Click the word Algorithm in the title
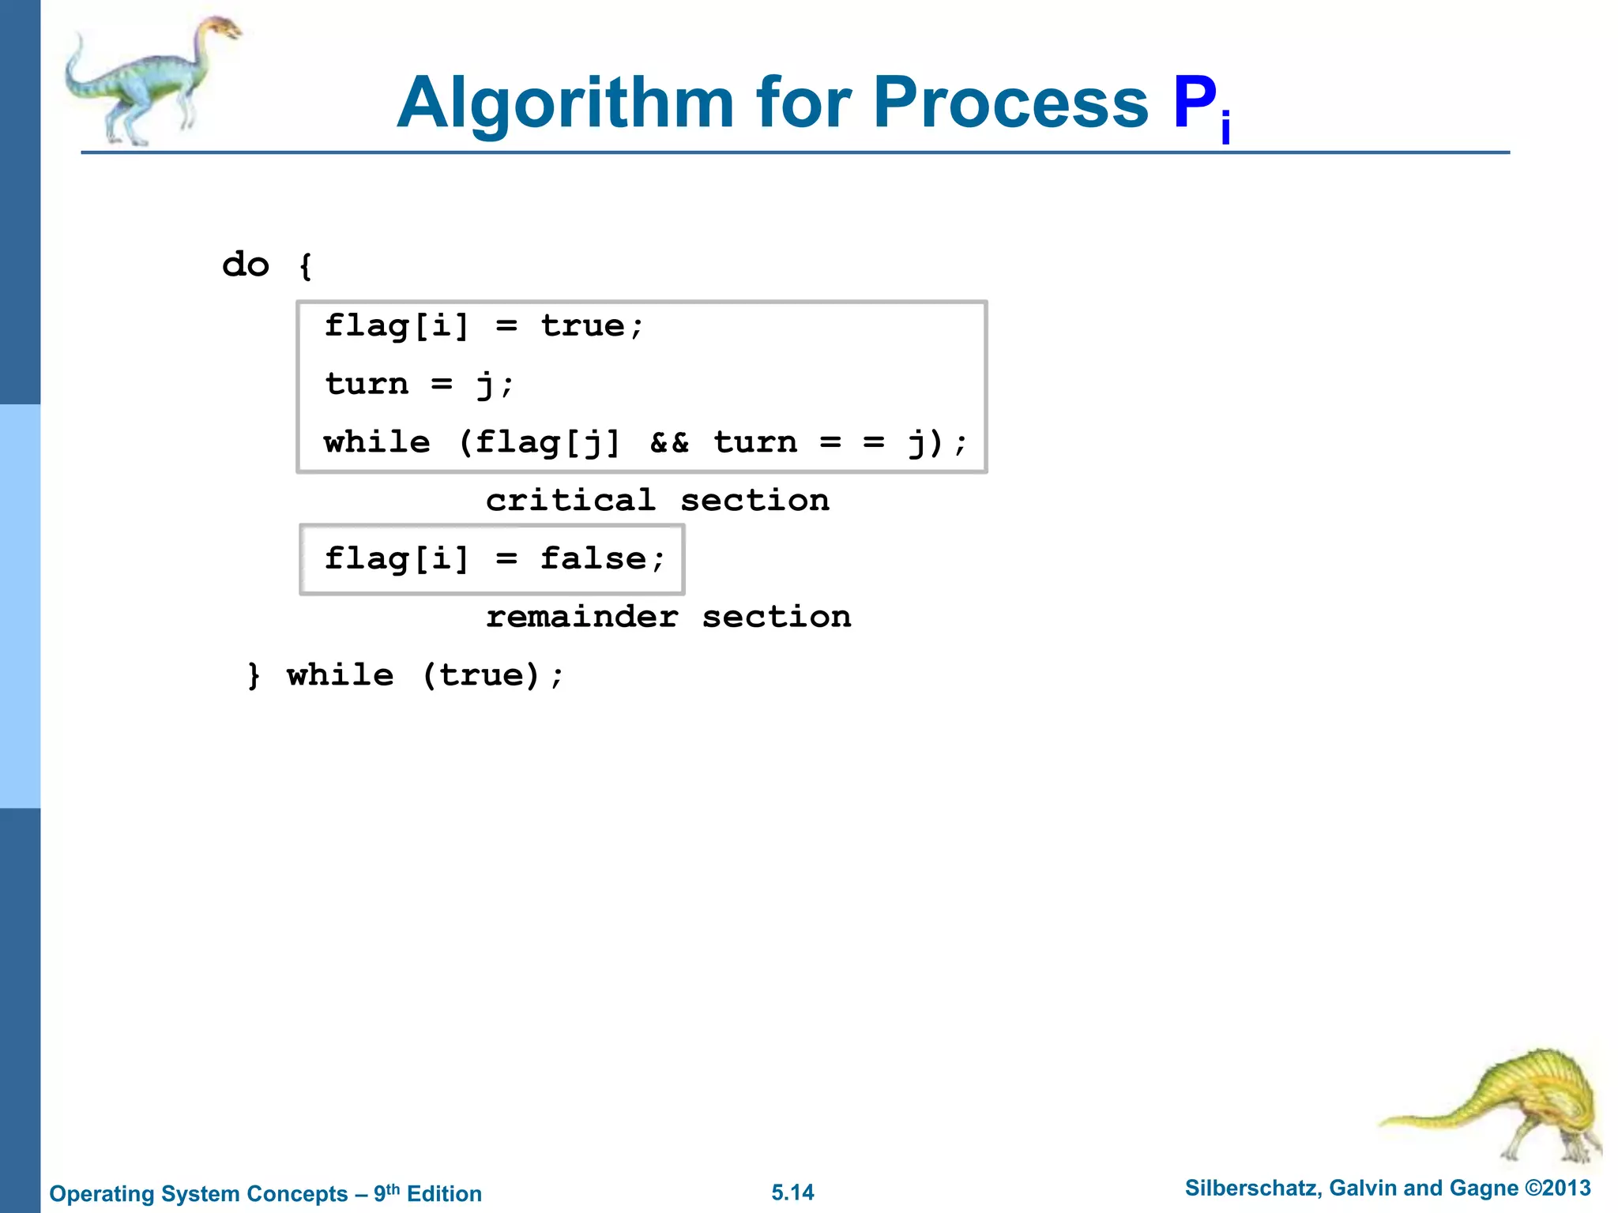click(x=566, y=103)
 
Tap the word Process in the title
click(x=1010, y=103)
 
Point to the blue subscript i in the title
click(x=1225, y=128)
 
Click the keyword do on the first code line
click(x=246, y=265)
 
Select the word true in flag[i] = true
click(x=583, y=326)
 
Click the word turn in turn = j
click(x=367, y=385)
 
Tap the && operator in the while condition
click(x=669, y=442)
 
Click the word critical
click(x=570, y=501)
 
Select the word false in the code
click(x=593, y=559)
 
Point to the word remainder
click(x=581, y=617)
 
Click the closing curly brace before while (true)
click(x=254, y=676)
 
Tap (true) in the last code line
click(x=481, y=676)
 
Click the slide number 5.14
click(x=792, y=1192)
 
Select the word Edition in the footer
click(x=444, y=1193)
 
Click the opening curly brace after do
click(x=306, y=266)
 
